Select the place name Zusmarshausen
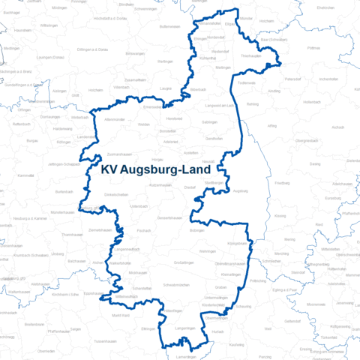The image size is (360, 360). pos(120,132)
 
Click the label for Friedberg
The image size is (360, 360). pos(282,183)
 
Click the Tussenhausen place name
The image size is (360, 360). pos(105,340)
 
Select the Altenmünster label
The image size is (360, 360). pos(115,120)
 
